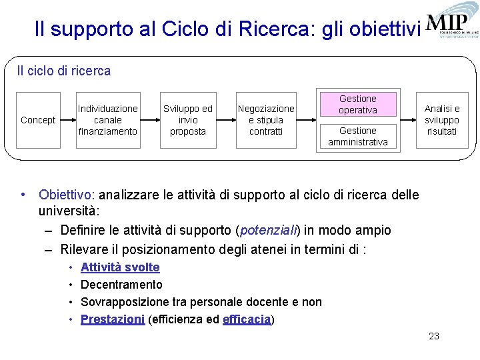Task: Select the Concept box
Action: click(x=38, y=120)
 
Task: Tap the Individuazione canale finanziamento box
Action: click(x=108, y=120)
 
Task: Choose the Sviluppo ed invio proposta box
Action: click(x=188, y=120)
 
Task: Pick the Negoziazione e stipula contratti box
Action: click(x=266, y=120)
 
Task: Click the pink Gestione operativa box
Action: click(x=358, y=105)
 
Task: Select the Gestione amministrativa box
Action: click(x=358, y=136)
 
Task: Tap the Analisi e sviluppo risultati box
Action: click(x=442, y=120)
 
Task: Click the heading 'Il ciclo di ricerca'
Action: click(x=64, y=71)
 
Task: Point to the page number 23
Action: click(x=434, y=336)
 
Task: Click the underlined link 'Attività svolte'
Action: click(x=120, y=267)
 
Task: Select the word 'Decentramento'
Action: click(x=121, y=285)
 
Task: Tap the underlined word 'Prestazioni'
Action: click(x=113, y=319)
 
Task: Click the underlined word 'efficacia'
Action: click(x=247, y=319)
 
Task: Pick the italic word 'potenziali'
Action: click(x=268, y=230)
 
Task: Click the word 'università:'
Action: click(x=69, y=211)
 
